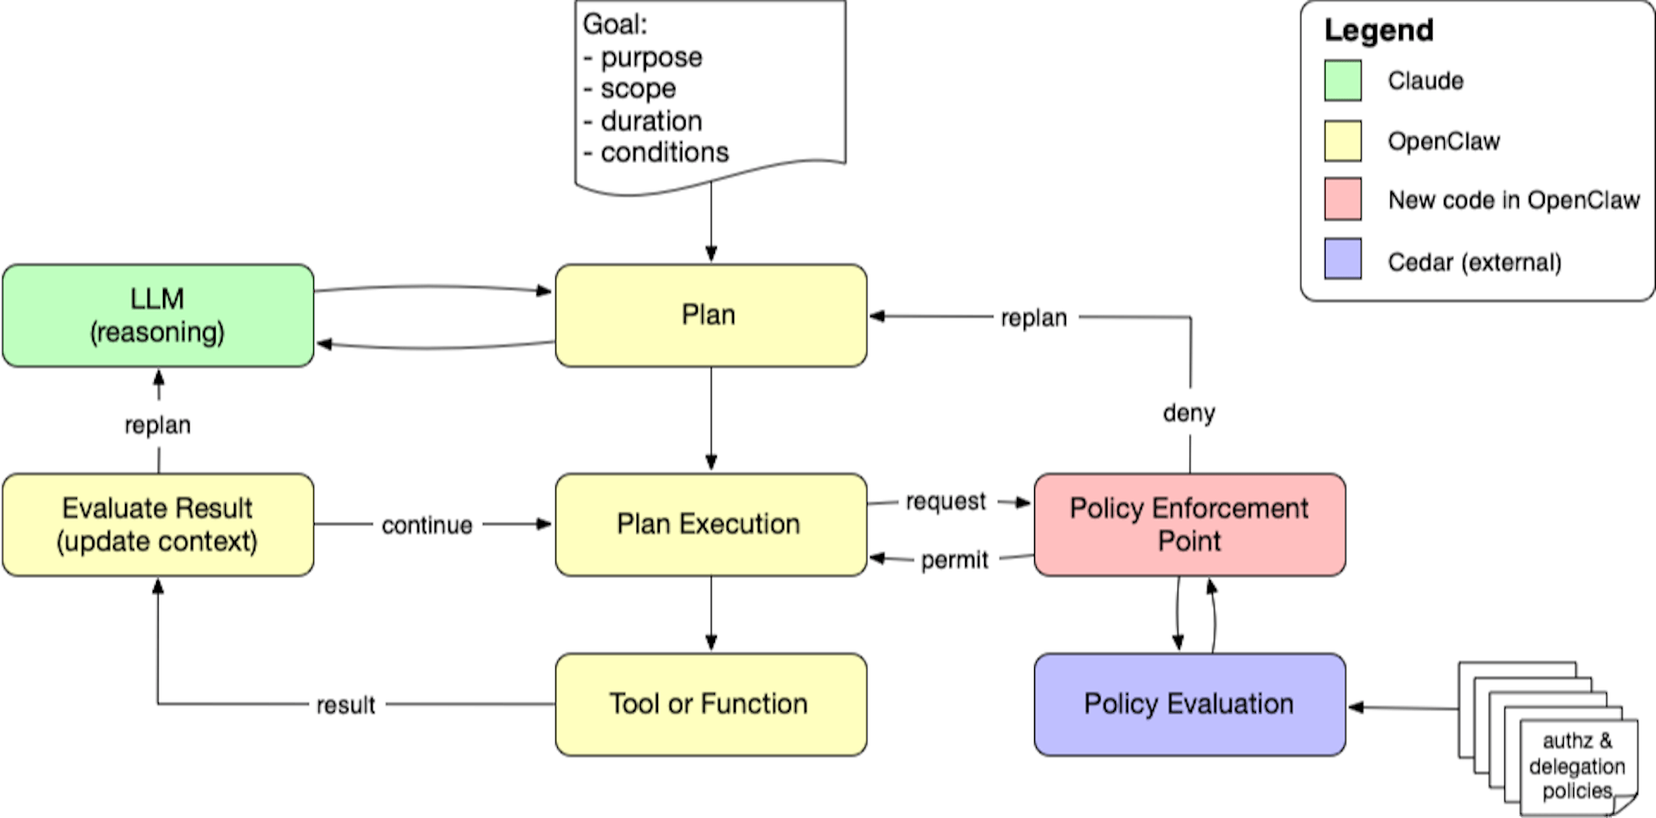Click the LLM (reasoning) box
tap(158, 316)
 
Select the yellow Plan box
tap(711, 316)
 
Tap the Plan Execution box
tap(711, 525)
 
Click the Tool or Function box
tap(711, 704)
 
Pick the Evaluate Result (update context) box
tap(158, 525)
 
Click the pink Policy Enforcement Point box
tap(1189, 525)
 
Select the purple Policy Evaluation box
tap(1189, 704)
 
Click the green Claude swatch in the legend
tap(1343, 81)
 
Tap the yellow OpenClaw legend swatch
tap(1343, 142)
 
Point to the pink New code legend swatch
tap(1343, 199)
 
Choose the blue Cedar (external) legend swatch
tap(1343, 259)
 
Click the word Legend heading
tap(1379, 30)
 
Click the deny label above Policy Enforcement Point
tap(1189, 413)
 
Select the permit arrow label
tap(954, 560)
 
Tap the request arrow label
tap(945, 501)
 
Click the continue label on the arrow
tap(427, 525)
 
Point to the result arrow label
tap(345, 706)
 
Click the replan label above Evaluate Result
tap(158, 425)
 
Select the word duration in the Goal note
tap(651, 121)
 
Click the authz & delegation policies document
tap(1577, 766)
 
